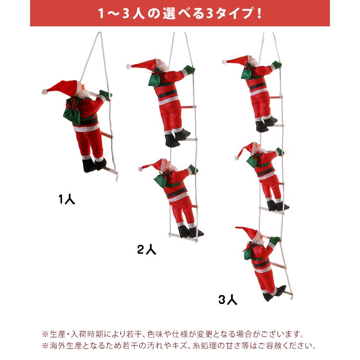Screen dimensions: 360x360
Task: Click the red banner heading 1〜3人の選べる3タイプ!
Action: coord(180,14)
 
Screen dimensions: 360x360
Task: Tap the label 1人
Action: coord(67,200)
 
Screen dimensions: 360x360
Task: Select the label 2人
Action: coord(147,249)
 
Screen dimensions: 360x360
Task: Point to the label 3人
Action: coord(228,300)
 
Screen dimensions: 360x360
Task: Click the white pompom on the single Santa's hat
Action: coord(44,91)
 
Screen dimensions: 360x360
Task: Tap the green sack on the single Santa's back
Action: coord(72,110)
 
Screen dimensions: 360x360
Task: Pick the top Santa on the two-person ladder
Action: coord(169,99)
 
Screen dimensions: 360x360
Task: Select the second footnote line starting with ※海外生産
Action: coord(179,346)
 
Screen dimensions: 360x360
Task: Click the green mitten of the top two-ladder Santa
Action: coord(189,70)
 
